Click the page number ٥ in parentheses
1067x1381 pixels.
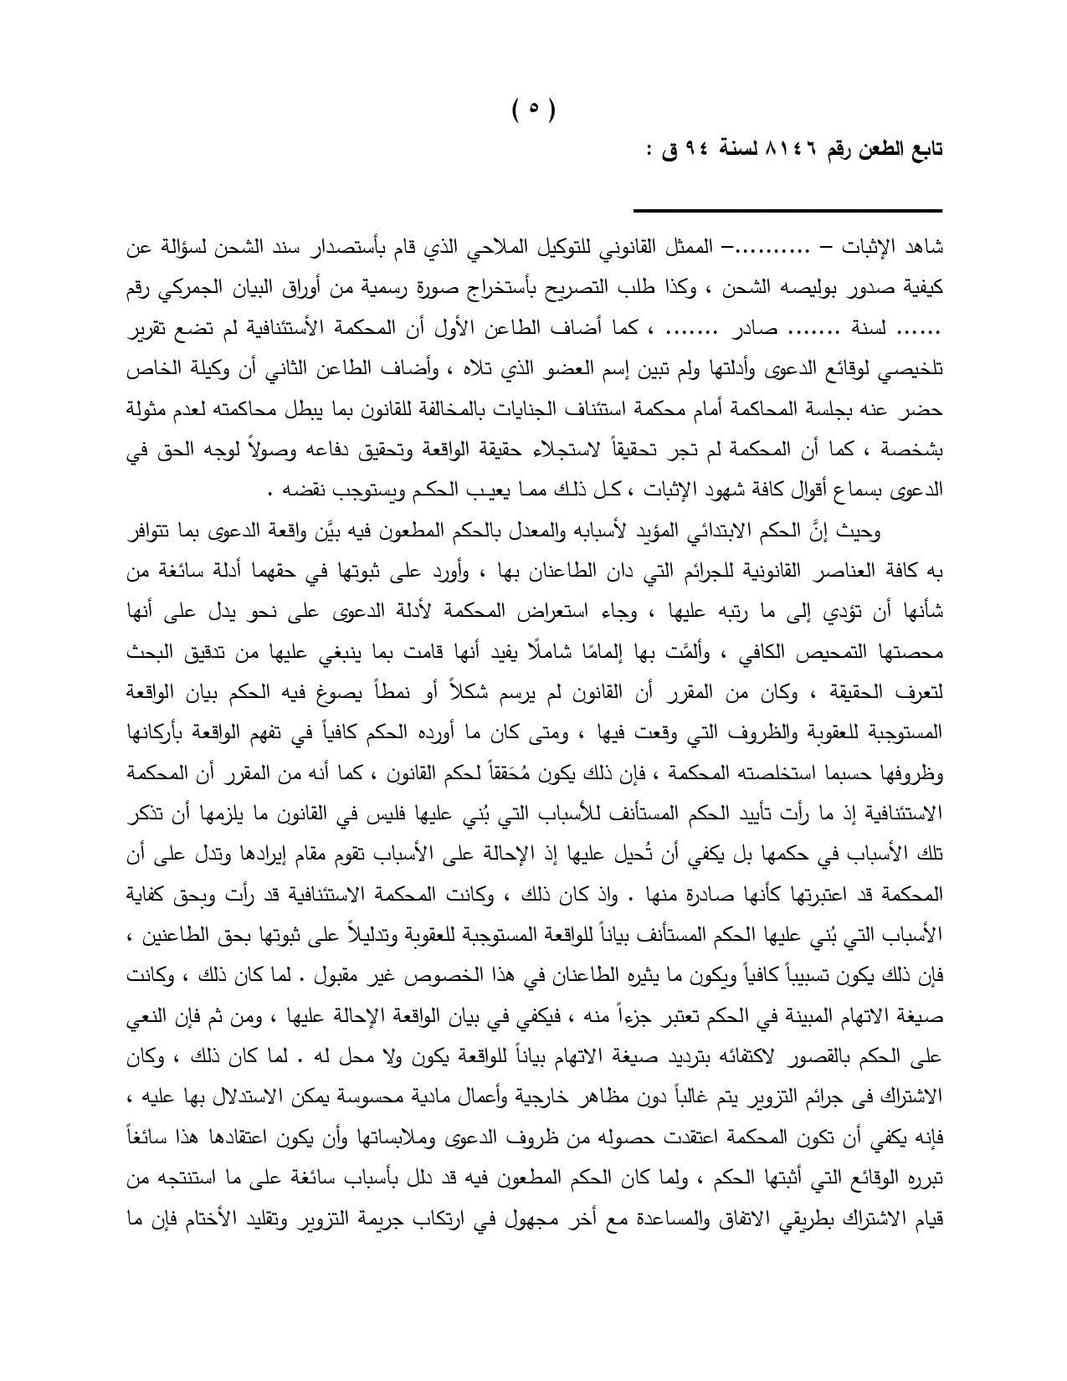(533, 109)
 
